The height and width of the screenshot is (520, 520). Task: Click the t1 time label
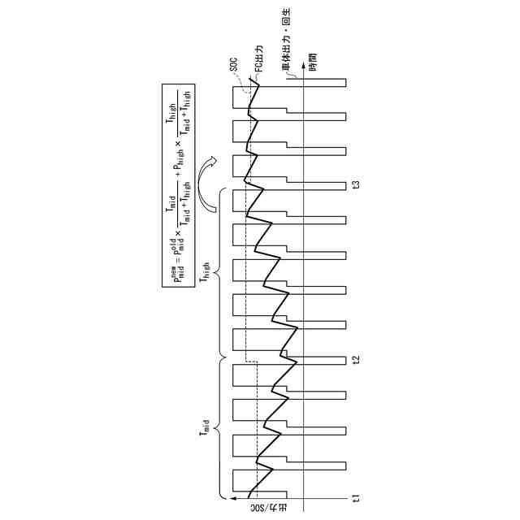(x=355, y=496)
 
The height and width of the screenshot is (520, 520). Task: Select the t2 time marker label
(x=355, y=360)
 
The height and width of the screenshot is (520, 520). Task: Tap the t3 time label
(x=355, y=185)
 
